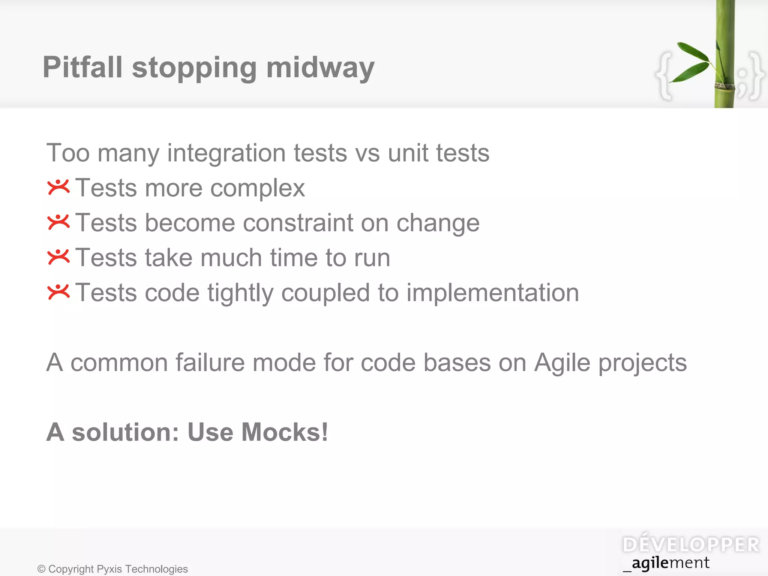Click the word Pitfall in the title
tap(82, 67)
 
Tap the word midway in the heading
tap(320, 68)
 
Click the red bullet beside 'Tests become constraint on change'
tap(58, 222)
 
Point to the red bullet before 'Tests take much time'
tap(58, 257)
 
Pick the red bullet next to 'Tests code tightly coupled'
tap(58, 292)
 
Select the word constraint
tap(298, 223)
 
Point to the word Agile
tap(562, 363)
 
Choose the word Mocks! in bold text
tap(285, 432)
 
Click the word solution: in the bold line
tap(126, 432)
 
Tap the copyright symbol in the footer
tap(41, 569)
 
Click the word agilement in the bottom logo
tap(670, 563)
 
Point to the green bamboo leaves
tap(692, 62)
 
